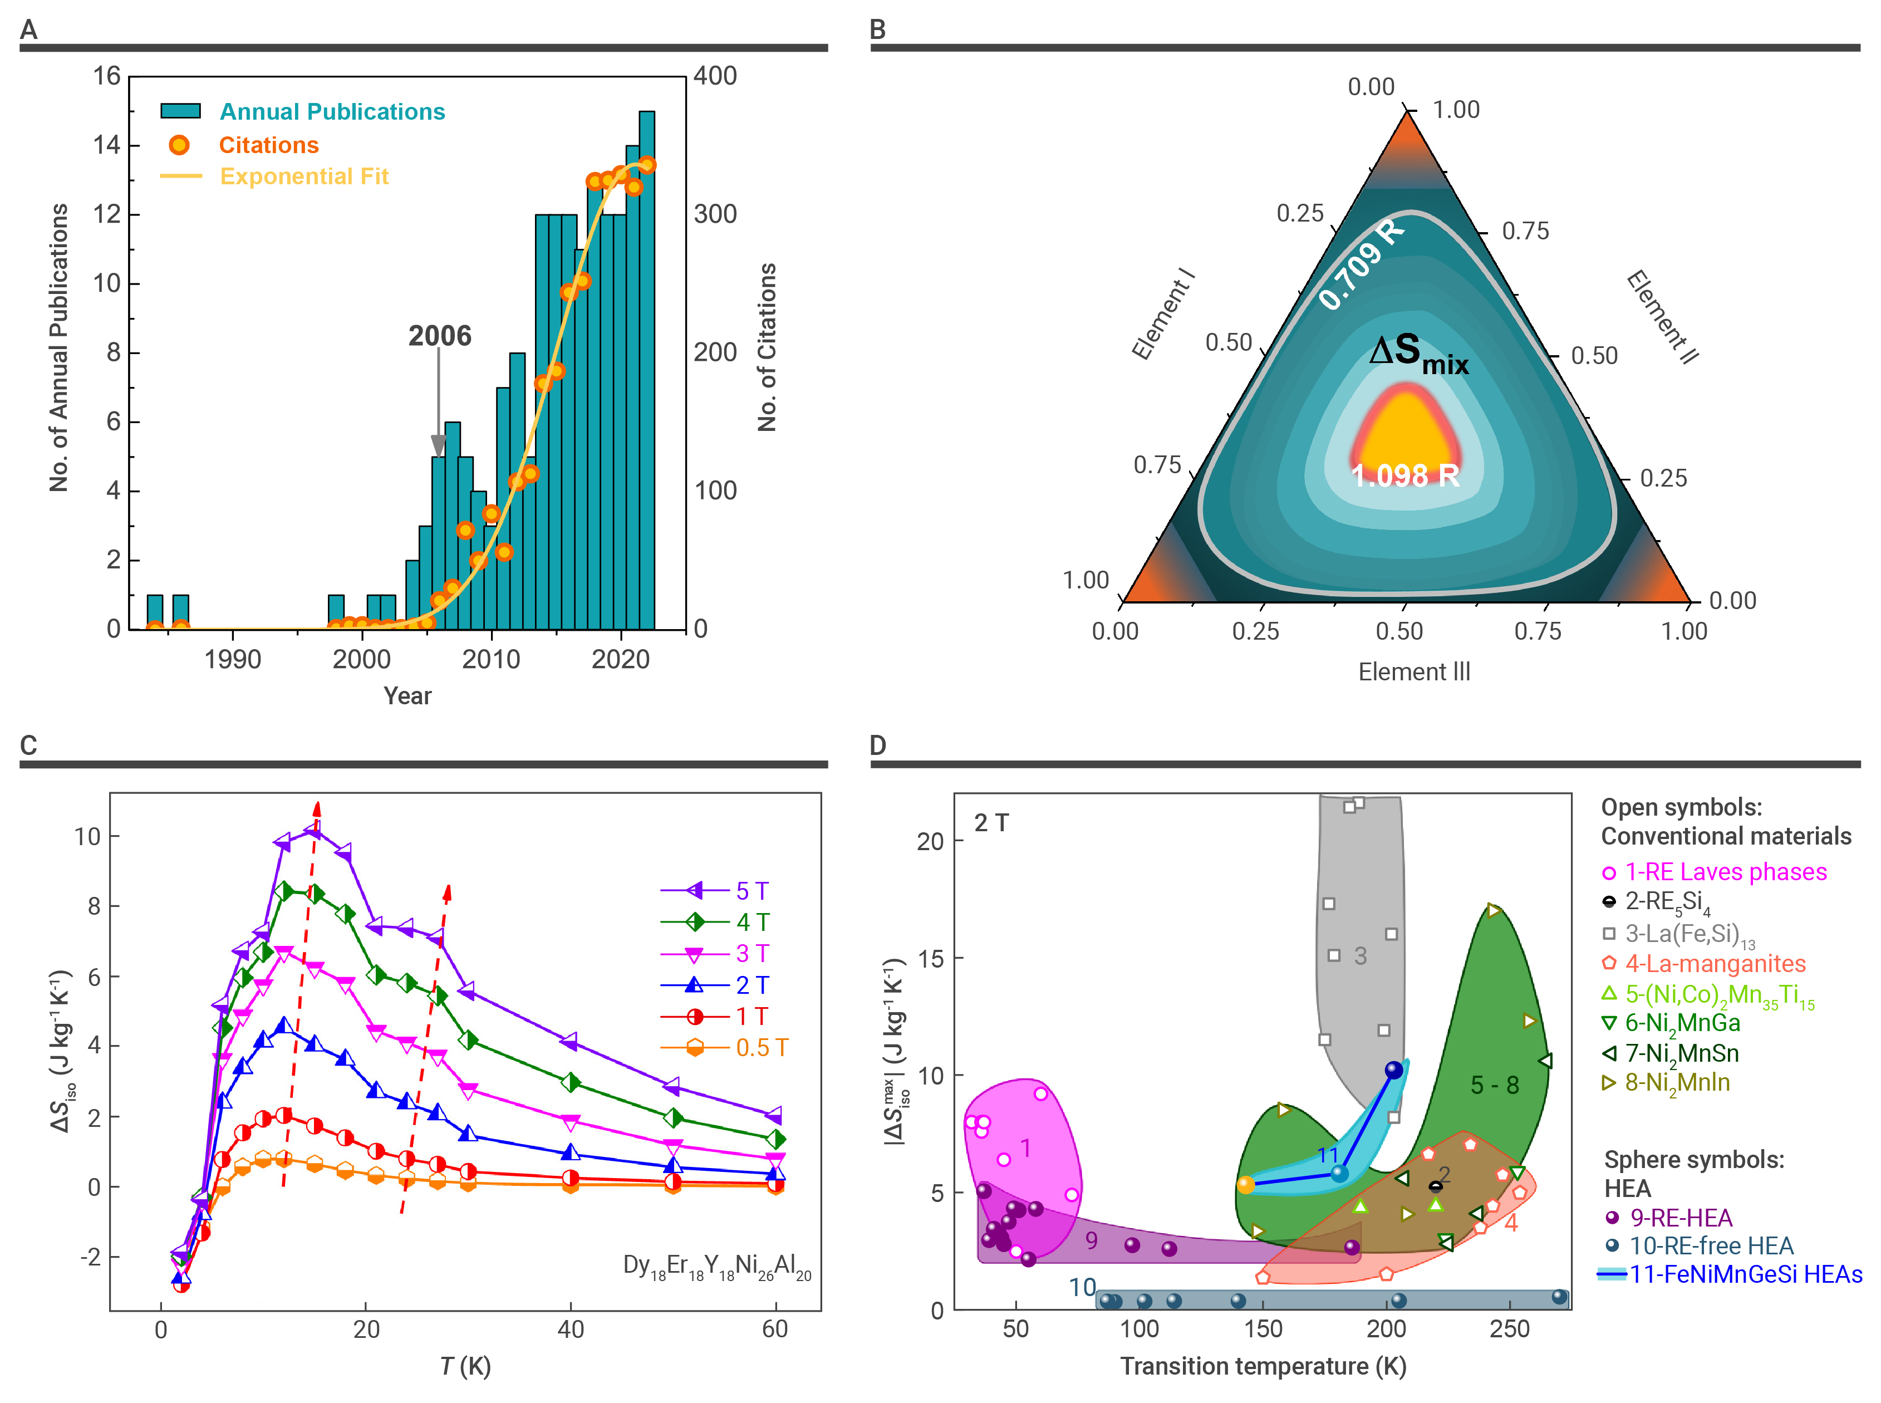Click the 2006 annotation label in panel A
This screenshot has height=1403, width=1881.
click(439, 336)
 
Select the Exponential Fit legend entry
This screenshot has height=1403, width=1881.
click(303, 176)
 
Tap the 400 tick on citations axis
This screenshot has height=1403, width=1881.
click(715, 76)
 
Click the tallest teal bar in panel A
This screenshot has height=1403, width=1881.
click(646, 370)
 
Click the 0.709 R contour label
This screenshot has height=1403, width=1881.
click(1361, 264)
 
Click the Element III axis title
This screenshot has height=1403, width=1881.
click(1414, 672)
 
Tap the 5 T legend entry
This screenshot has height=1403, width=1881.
click(752, 891)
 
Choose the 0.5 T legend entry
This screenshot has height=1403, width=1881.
click(761, 1047)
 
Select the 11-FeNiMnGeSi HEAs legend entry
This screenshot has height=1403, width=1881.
click(1745, 1275)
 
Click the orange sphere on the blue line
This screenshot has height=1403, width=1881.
click(1246, 1185)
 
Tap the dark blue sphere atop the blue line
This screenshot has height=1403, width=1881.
click(1393, 1070)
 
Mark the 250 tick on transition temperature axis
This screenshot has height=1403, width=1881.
click(1509, 1329)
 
